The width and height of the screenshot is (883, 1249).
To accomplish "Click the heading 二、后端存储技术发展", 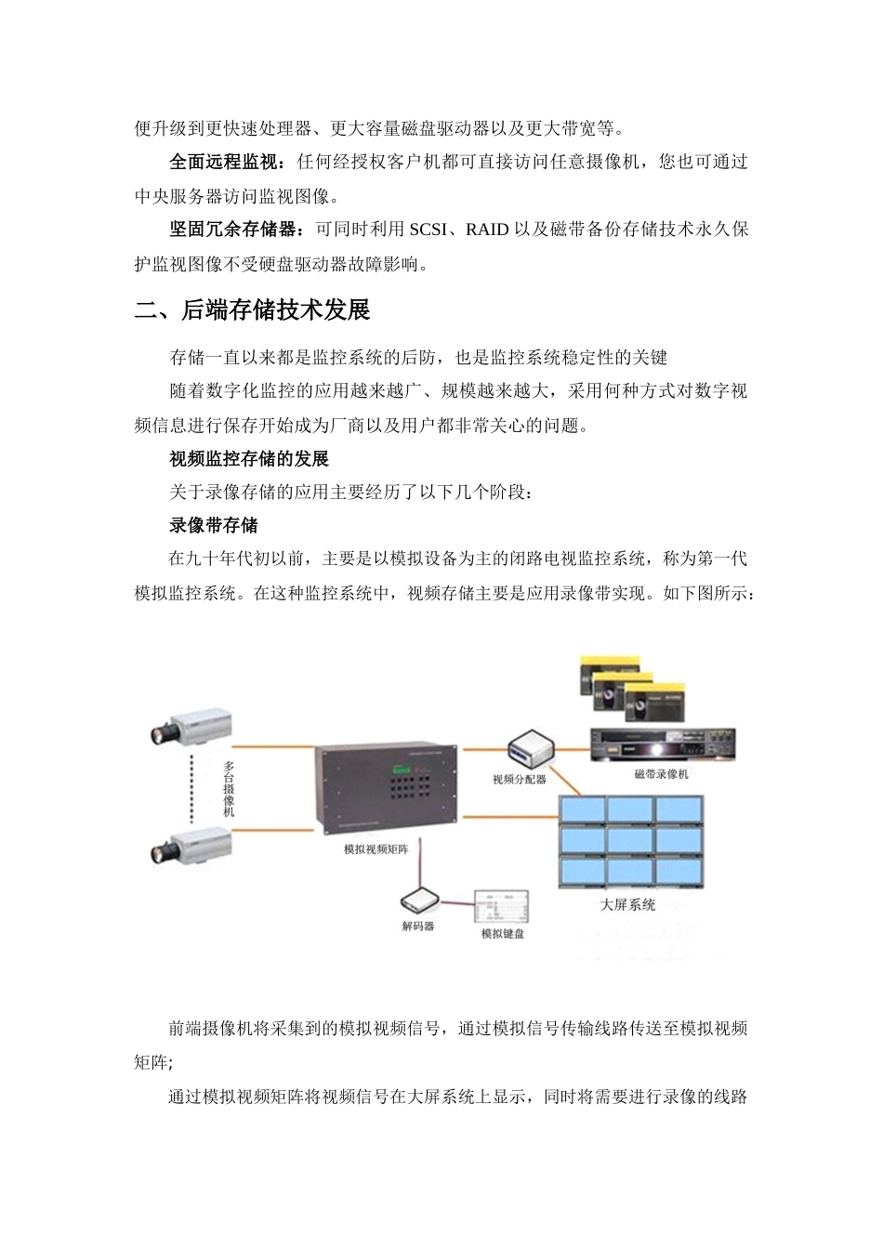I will click(x=252, y=310).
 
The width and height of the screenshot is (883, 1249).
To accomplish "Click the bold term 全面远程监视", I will click(x=226, y=163).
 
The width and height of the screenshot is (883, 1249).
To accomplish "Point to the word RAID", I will click(x=487, y=230).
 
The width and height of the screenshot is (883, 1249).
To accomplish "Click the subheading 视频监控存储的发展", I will click(x=248, y=459).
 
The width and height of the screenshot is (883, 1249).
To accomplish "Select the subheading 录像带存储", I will click(x=213, y=526).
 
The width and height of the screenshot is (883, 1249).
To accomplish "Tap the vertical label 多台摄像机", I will click(x=229, y=789).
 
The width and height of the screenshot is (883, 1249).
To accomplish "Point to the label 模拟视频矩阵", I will click(x=383, y=849).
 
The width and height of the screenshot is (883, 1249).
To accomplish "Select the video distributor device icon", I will click(x=531, y=746).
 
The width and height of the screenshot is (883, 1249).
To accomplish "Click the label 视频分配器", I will click(x=520, y=779).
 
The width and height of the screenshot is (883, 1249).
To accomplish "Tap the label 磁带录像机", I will click(x=661, y=773).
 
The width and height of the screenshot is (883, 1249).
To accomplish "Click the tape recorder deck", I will click(x=662, y=743).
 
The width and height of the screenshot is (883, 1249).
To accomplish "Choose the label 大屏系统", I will click(x=627, y=904).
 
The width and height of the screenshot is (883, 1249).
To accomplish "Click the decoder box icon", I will click(x=419, y=901).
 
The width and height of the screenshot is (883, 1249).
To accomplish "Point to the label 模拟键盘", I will click(x=502, y=933).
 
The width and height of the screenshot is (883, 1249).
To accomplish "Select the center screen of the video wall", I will click(x=630, y=841).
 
